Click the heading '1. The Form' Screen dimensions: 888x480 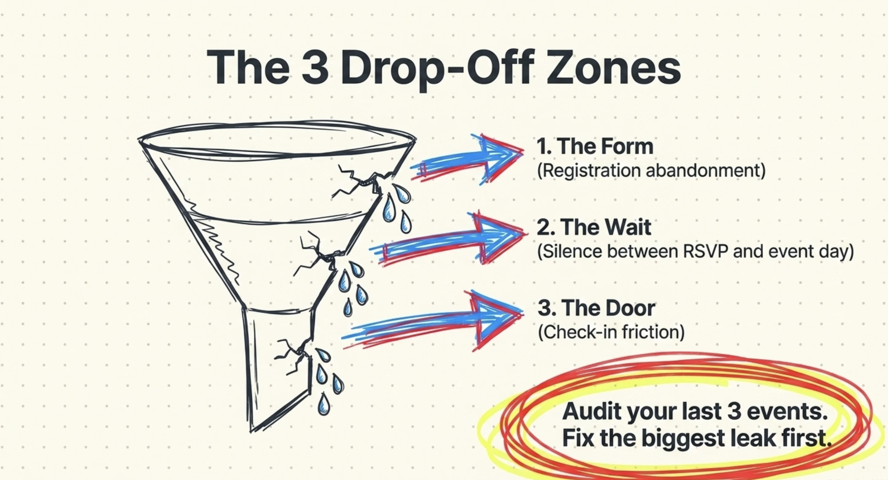coord(595,146)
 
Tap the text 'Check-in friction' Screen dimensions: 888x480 coord(611,332)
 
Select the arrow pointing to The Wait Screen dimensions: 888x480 coord(448,239)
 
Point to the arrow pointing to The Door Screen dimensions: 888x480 coord(433,321)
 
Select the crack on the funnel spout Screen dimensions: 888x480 coord(293,355)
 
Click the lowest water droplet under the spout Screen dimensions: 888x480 coord(323,404)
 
